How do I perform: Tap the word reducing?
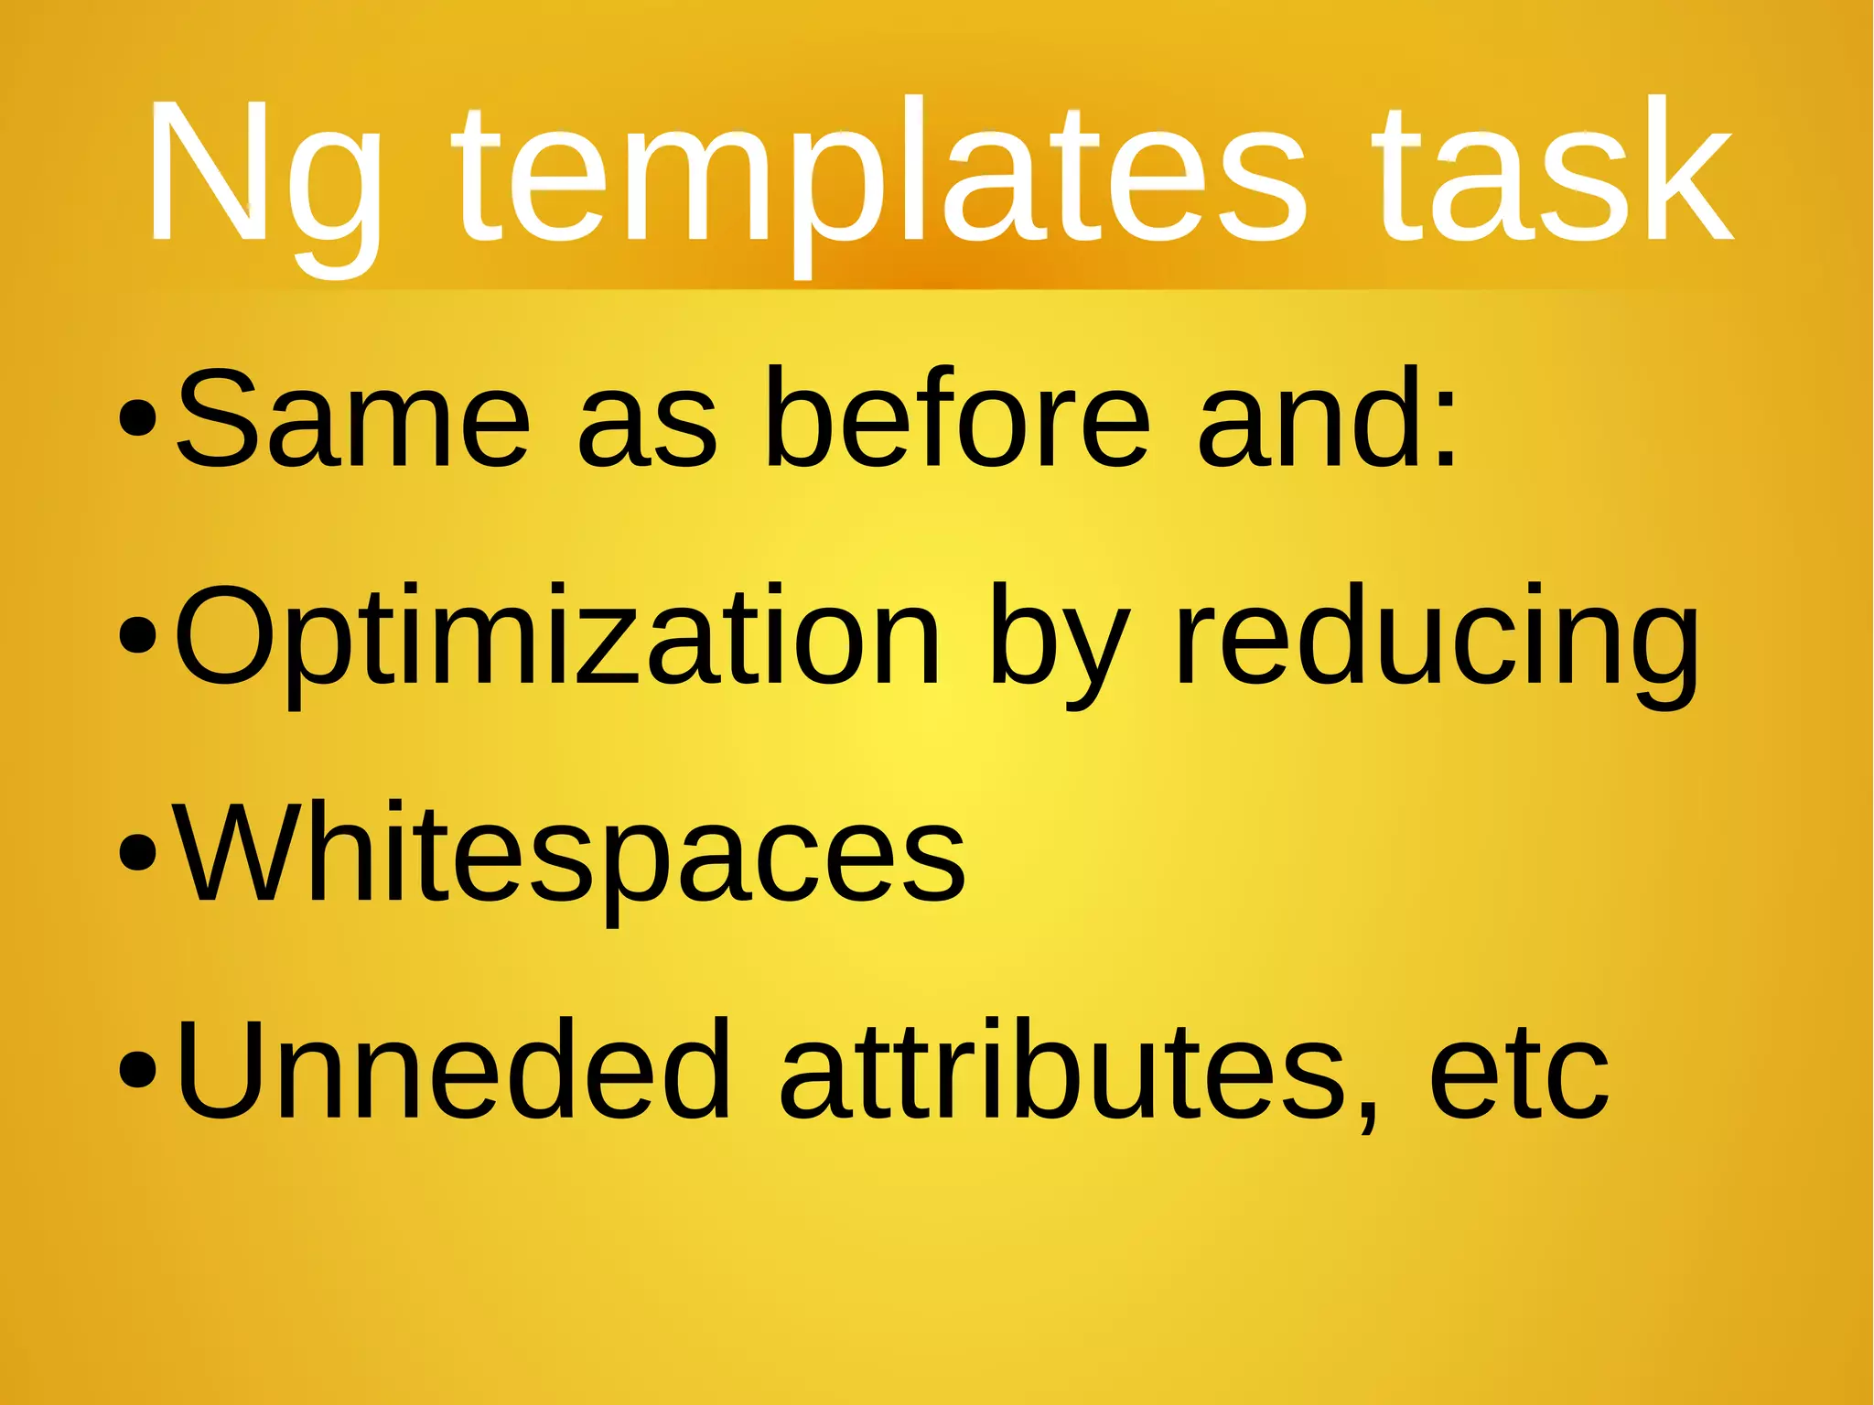(1437, 641)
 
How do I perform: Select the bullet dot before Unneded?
(138, 1071)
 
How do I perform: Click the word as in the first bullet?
(647, 430)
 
